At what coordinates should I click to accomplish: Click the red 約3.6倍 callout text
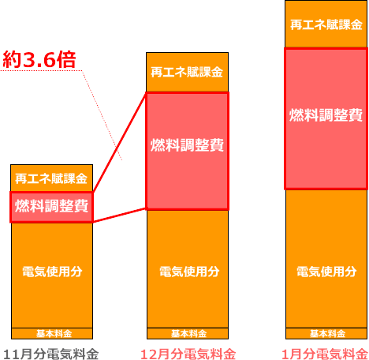[x=39, y=59]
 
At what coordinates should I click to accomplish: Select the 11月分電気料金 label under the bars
[x=51, y=354]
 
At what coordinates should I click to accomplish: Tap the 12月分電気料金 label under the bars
[x=188, y=354]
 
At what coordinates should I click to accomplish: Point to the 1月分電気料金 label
[x=325, y=354]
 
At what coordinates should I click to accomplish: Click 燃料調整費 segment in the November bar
[x=51, y=208]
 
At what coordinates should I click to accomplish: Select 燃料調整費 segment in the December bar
[x=187, y=151]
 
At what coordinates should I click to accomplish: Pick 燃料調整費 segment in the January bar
[x=326, y=118]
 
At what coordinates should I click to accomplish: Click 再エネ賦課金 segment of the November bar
[x=51, y=178]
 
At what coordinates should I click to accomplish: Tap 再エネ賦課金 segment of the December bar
[x=187, y=72]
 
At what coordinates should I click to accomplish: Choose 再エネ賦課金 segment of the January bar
[x=326, y=24]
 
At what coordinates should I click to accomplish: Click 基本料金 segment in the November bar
[x=52, y=333]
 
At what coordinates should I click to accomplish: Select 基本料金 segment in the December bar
[x=188, y=333]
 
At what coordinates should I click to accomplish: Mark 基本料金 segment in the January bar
[x=326, y=333]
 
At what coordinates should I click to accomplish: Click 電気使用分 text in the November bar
[x=52, y=272]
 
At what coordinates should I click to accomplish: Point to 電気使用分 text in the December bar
[x=189, y=272]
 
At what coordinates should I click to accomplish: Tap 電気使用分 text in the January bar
[x=326, y=272]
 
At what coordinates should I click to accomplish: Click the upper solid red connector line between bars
[x=120, y=142]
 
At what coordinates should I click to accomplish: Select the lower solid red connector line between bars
[x=120, y=216]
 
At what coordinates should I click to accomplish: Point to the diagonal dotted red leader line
[x=102, y=115]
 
